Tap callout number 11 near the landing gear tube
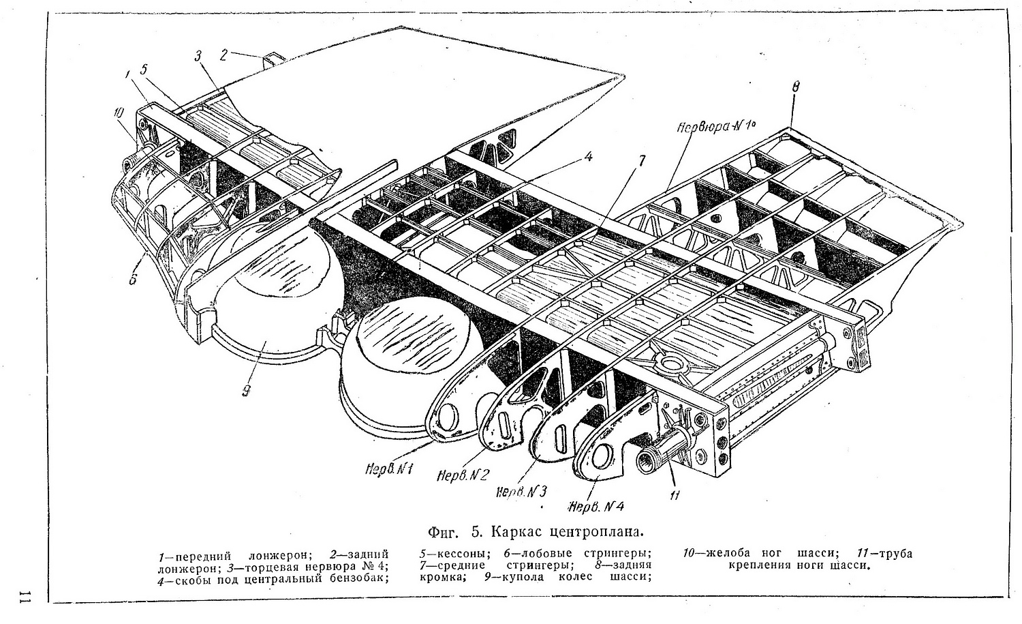click(x=675, y=496)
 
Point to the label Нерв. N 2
click(x=461, y=474)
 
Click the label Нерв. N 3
click(x=522, y=491)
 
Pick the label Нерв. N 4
click(x=597, y=506)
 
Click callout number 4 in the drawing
click(x=588, y=156)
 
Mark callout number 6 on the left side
click(x=133, y=279)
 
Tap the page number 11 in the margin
click(x=25, y=595)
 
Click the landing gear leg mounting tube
click(x=658, y=458)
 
